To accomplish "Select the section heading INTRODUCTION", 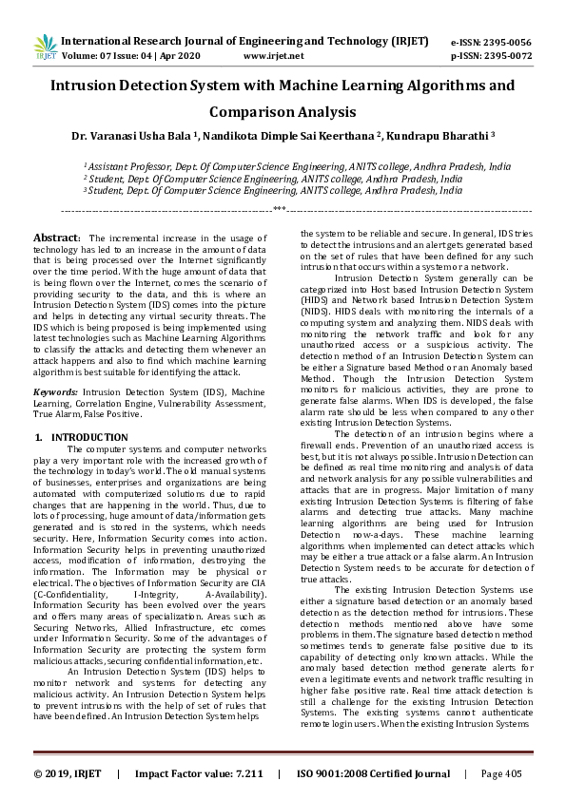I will [89, 437].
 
